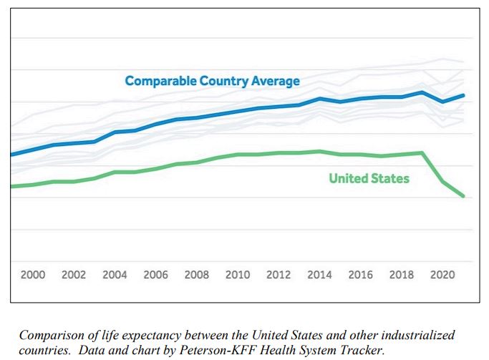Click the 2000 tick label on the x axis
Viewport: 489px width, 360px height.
[x=33, y=275]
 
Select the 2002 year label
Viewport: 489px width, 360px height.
[x=74, y=275]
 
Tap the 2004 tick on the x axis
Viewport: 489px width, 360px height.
[x=115, y=275]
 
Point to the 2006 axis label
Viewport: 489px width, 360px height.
[x=155, y=275]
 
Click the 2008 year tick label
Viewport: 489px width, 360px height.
[x=197, y=275]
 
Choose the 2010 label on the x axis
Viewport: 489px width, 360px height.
[x=238, y=275]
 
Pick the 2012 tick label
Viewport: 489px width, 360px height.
[x=279, y=275]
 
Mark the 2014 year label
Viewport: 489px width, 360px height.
[x=319, y=275]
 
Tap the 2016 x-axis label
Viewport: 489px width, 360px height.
[x=360, y=275]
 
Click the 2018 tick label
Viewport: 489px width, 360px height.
[x=402, y=275]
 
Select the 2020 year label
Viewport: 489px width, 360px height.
[x=442, y=275]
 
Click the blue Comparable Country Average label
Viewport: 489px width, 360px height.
[x=212, y=81]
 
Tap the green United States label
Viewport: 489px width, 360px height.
[x=369, y=178]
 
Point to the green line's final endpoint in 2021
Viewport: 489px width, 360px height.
[x=464, y=196]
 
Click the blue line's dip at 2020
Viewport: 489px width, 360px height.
[x=442, y=102]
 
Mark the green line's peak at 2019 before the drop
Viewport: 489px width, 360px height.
[x=422, y=152]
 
